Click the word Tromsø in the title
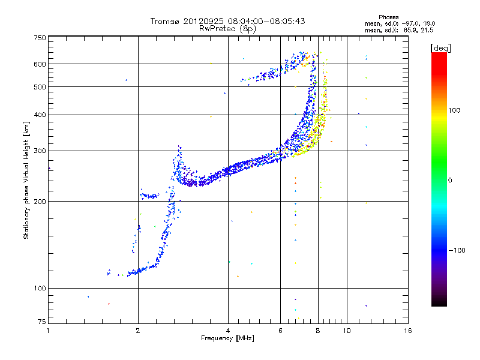point(165,21)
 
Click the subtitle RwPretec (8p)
point(227,29)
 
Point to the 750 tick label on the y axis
point(40,38)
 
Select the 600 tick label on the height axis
point(40,64)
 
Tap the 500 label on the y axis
point(40,87)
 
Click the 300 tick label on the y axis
point(40,151)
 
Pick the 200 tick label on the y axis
point(40,202)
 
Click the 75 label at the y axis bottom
point(42,322)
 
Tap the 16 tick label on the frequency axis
point(408,331)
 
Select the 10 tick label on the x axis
point(347,331)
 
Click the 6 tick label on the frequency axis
point(280,331)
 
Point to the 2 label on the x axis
point(138,331)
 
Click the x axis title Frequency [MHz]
point(227,338)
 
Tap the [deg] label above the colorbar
point(440,49)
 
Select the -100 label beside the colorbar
point(457,250)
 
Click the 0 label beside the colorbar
point(450,181)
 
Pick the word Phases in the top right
point(388,17)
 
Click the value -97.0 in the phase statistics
point(409,23)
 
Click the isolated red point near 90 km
point(109,304)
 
